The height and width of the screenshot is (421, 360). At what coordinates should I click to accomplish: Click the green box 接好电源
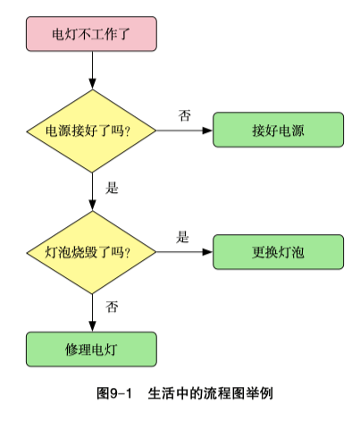(x=278, y=131)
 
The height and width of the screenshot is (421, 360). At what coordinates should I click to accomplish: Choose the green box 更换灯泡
(x=278, y=252)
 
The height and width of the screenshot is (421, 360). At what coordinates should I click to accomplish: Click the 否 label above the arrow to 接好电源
(x=185, y=115)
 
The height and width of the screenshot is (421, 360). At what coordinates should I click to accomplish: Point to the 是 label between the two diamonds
(x=112, y=189)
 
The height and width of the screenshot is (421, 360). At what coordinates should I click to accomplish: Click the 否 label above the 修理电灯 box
(x=113, y=307)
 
